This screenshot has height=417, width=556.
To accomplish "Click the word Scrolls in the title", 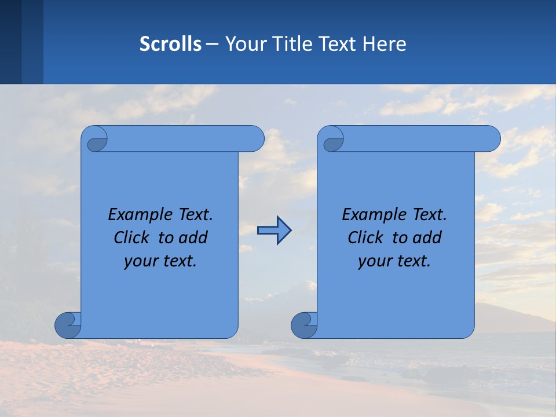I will (x=171, y=44).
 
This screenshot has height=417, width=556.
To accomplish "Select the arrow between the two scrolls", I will (x=274, y=231).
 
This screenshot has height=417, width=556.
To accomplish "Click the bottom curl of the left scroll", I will (x=67, y=325).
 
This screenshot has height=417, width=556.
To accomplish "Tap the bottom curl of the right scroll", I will (x=303, y=325).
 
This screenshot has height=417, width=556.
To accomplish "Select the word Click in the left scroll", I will (x=131, y=237).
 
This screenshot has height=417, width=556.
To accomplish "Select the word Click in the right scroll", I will (x=365, y=237).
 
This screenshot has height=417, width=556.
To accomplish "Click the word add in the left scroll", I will (x=194, y=237).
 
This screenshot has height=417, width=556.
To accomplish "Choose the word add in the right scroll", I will (x=428, y=237).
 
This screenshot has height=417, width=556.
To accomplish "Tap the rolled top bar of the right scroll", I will (x=417, y=139).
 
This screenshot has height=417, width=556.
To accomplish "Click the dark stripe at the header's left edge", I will (x=10, y=42).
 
